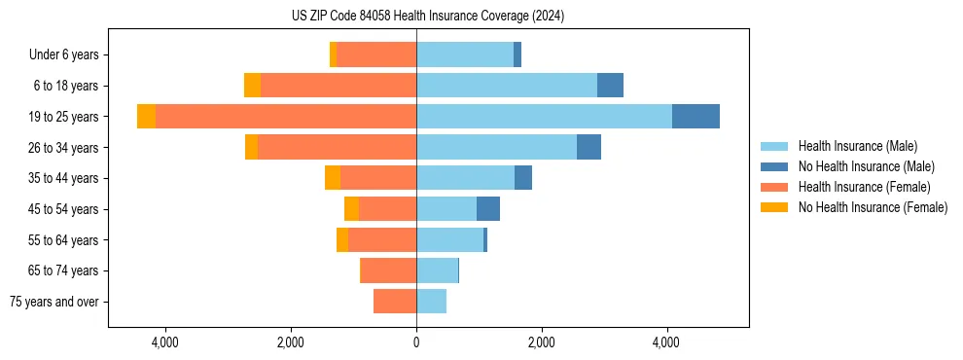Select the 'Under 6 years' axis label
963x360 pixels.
tap(64, 55)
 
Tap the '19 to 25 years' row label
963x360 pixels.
tap(64, 117)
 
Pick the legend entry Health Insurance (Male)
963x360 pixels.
tap(857, 146)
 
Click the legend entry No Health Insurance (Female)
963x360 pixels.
tap(873, 207)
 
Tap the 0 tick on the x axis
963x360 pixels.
tap(416, 342)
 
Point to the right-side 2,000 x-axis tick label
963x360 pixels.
tap(541, 342)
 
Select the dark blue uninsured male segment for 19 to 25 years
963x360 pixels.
tap(695, 117)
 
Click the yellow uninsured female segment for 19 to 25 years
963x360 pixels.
tap(146, 117)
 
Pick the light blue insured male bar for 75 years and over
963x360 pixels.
tap(431, 302)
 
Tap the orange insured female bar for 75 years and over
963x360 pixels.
tap(395, 302)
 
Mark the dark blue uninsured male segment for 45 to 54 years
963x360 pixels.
tap(488, 209)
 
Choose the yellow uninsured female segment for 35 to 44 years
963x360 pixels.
tap(333, 178)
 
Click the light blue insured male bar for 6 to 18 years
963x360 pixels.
tap(507, 86)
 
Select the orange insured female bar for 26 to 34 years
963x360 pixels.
tap(337, 147)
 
